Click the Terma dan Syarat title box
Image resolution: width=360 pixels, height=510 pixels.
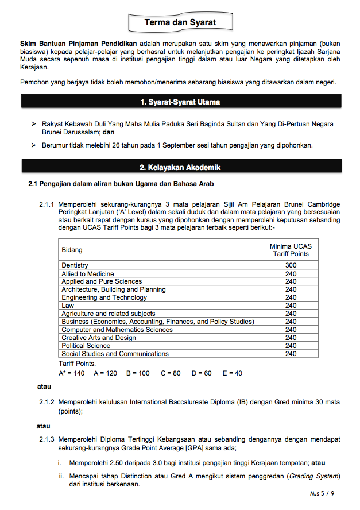pos(180,22)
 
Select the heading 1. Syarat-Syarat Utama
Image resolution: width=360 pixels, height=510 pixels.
pos(180,102)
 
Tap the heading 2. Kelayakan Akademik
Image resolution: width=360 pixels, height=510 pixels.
pos(180,167)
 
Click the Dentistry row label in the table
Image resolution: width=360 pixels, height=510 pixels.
pos(75,265)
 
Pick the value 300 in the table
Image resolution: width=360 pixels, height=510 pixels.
pos(291,265)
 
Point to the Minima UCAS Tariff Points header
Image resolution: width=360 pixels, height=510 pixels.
pos(291,250)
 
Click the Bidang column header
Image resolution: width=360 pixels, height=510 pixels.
pos(72,250)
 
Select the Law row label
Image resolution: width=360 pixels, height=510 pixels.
pos(68,306)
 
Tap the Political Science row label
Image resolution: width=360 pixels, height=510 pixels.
pos(86,346)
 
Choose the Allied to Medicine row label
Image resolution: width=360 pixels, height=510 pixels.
pos(88,274)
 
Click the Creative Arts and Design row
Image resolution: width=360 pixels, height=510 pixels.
pos(99,338)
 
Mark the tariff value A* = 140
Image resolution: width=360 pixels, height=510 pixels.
pos(71,373)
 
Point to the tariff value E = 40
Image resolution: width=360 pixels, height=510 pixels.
pos(232,373)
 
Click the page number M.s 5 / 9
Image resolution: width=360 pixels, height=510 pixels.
pos(322,493)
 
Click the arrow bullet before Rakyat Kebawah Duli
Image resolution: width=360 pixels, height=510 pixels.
pos(33,124)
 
